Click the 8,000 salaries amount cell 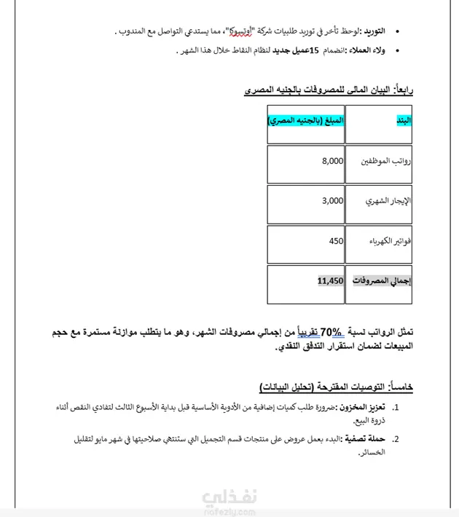[331, 161]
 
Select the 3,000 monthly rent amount [331, 201]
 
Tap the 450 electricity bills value [335, 241]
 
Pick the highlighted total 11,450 [330, 280]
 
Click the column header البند [403, 119]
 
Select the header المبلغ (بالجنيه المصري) [305, 119]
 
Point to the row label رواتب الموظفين [387, 162]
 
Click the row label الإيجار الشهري [388, 202]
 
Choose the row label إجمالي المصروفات [382, 281]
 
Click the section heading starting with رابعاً [329, 90]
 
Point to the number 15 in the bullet [315, 50]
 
